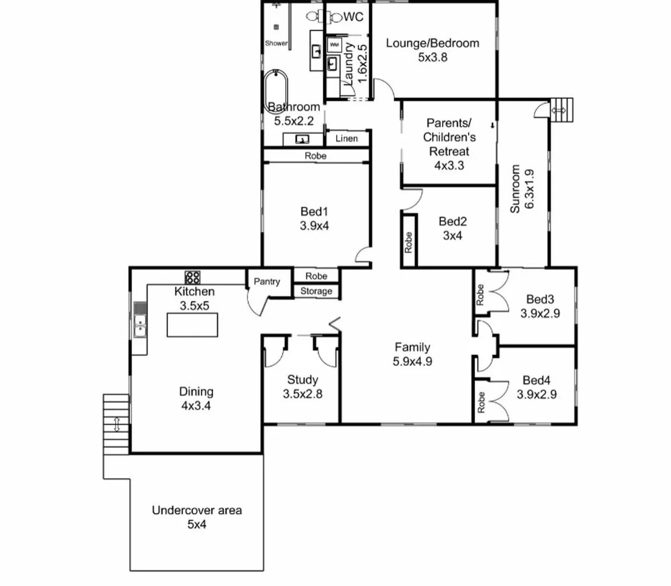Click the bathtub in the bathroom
(276, 91)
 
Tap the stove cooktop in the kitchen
(193, 278)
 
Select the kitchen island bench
(192, 325)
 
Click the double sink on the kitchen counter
(140, 325)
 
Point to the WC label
(353, 17)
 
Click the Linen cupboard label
(346, 138)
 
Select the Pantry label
(267, 282)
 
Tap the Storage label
(316, 291)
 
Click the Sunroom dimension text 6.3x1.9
(530, 189)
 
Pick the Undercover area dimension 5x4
(196, 525)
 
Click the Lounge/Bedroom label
(432, 43)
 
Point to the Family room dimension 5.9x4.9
(412, 361)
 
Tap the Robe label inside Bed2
(408, 242)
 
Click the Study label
(302, 380)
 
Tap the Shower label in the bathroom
(276, 43)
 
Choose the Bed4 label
(536, 380)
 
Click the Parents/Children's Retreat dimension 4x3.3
(449, 165)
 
